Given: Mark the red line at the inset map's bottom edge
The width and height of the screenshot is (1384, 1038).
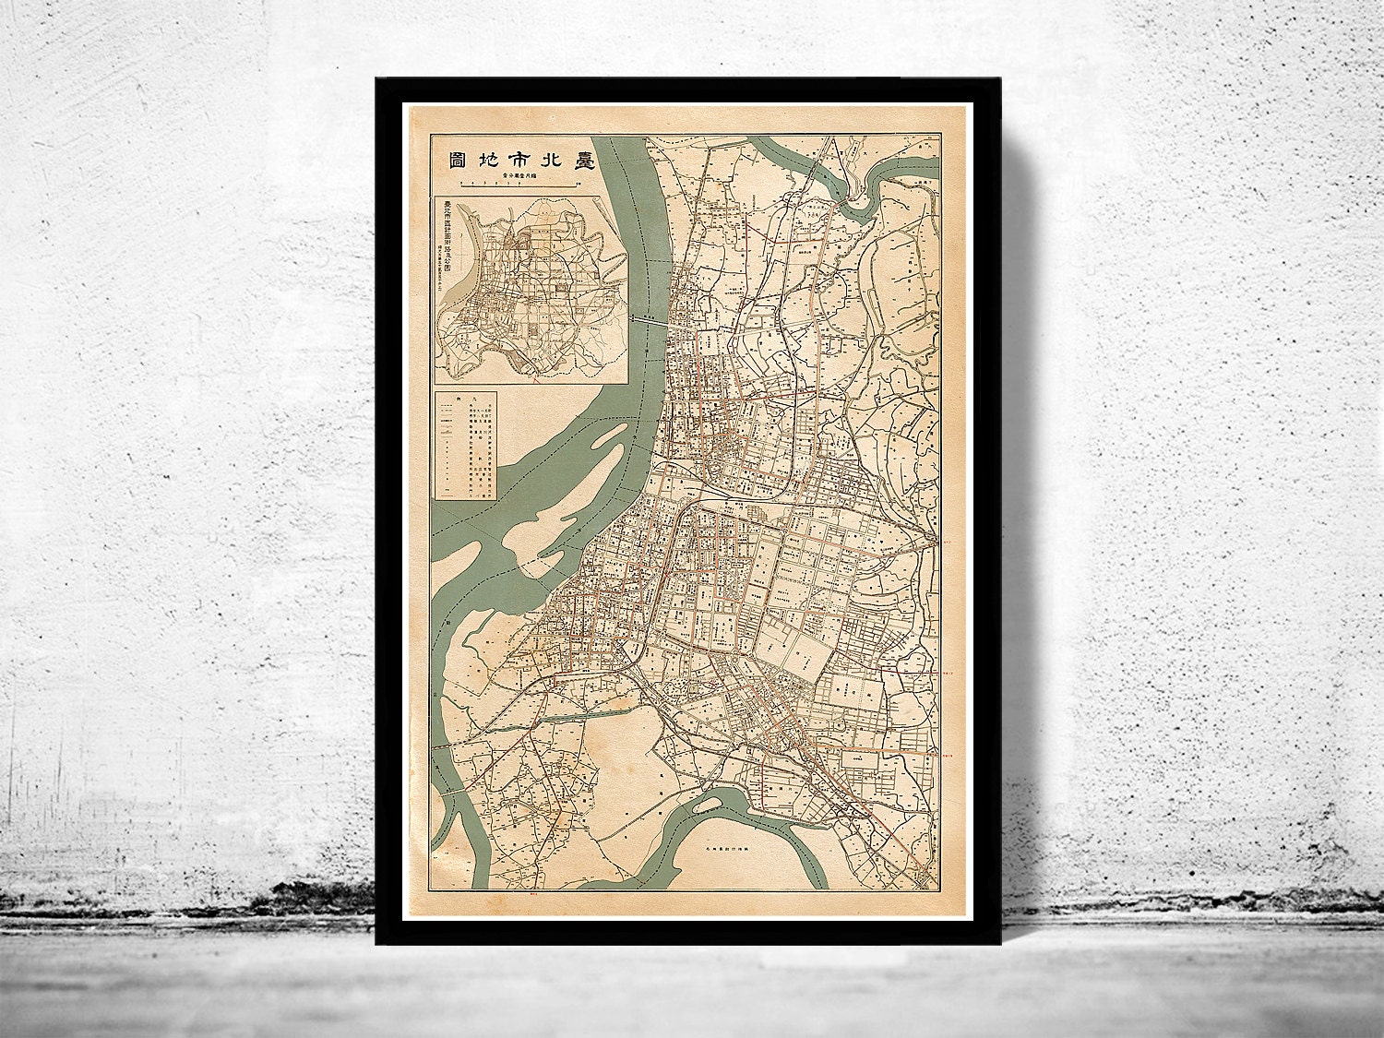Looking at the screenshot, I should tap(532, 375).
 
